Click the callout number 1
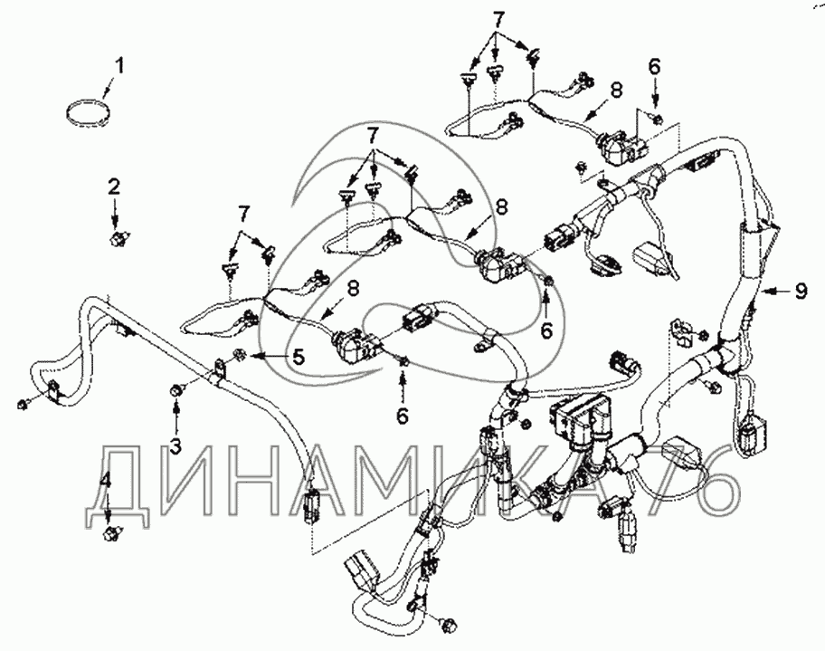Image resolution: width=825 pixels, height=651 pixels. [x=120, y=65]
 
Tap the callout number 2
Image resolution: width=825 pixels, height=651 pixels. [x=114, y=187]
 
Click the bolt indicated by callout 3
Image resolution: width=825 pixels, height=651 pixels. [x=175, y=390]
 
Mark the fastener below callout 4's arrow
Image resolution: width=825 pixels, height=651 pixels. [x=112, y=532]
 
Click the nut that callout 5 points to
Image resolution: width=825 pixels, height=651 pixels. [x=240, y=353]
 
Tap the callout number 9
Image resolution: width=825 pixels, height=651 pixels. [x=800, y=292]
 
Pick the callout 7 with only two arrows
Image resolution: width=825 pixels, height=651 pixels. [x=242, y=213]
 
